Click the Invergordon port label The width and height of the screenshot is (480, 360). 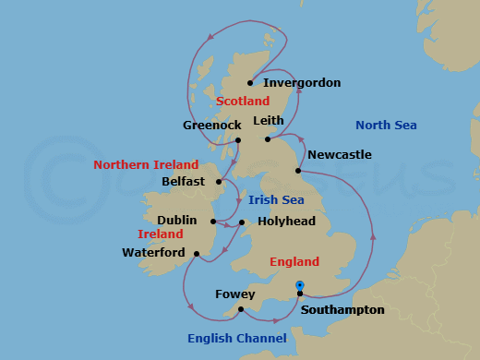click(x=301, y=83)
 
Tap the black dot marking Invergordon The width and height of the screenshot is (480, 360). click(x=250, y=82)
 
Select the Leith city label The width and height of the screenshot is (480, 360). click(x=269, y=120)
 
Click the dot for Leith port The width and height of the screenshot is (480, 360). click(x=268, y=139)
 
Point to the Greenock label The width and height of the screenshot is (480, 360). click(x=212, y=125)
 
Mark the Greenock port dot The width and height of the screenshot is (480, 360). click(x=237, y=140)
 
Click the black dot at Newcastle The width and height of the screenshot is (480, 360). click(x=298, y=171)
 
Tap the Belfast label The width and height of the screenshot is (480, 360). click(x=183, y=182)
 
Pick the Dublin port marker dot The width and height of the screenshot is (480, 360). click(x=213, y=222)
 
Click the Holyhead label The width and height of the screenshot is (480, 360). click(x=285, y=222)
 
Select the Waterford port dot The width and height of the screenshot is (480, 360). click(x=197, y=253)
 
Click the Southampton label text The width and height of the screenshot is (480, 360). click(x=342, y=310)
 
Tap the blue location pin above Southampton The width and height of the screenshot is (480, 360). click(x=299, y=284)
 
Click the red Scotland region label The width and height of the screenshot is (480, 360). click(x=242, y=102)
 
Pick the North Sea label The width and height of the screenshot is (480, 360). click(x=386, y=126)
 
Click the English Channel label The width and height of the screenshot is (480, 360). click(x=236, y=339)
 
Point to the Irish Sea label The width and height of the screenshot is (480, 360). click(x=276, y=199)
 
